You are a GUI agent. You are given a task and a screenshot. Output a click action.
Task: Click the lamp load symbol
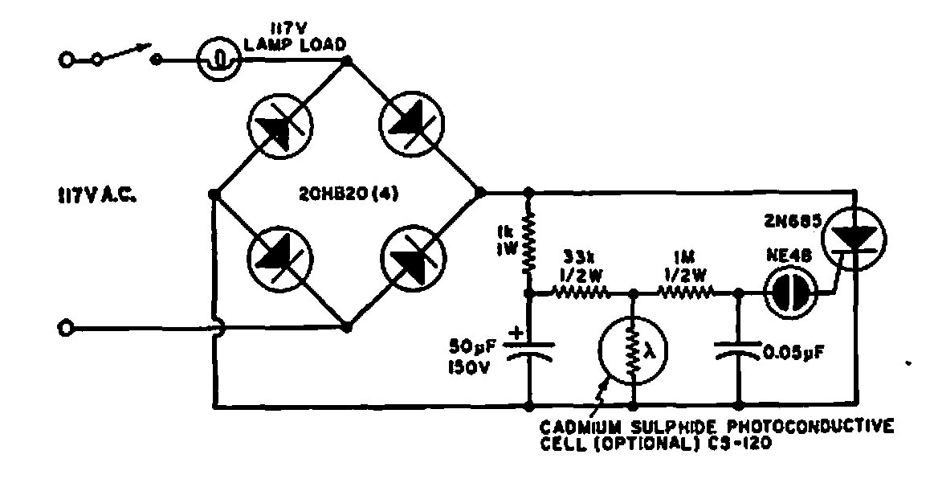click(219, 59)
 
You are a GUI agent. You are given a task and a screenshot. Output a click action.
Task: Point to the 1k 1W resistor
click(530, 241)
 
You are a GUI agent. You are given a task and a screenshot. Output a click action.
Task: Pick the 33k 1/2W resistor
click(580, 295)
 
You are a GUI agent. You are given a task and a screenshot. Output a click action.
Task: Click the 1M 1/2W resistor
click(685, 295)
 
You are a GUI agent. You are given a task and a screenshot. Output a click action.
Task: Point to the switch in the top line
click(128, 56)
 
